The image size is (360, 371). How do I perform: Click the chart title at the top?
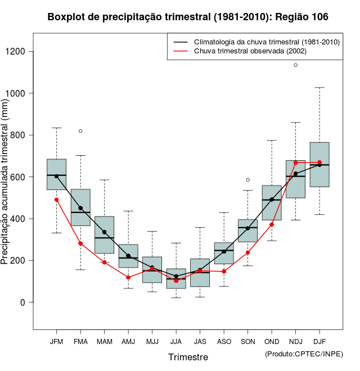point(188,17)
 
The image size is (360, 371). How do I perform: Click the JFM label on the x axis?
point(56,341)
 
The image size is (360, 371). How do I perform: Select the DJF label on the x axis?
point(319,341)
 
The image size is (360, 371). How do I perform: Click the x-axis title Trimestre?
point(188,357)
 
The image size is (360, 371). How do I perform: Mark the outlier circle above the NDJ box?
point(296,65)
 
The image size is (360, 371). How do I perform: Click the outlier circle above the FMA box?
point(80,131)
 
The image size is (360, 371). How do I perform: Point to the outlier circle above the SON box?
point(248,180)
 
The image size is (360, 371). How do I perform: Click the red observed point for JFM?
point(56,200)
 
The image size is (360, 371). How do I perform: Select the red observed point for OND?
point(272,224)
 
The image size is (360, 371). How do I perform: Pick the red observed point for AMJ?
point(128,277)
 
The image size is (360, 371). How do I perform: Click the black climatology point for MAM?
point(104,232)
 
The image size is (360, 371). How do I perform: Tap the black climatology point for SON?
point(248,228)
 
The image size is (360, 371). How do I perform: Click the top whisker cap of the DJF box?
point(319,88)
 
